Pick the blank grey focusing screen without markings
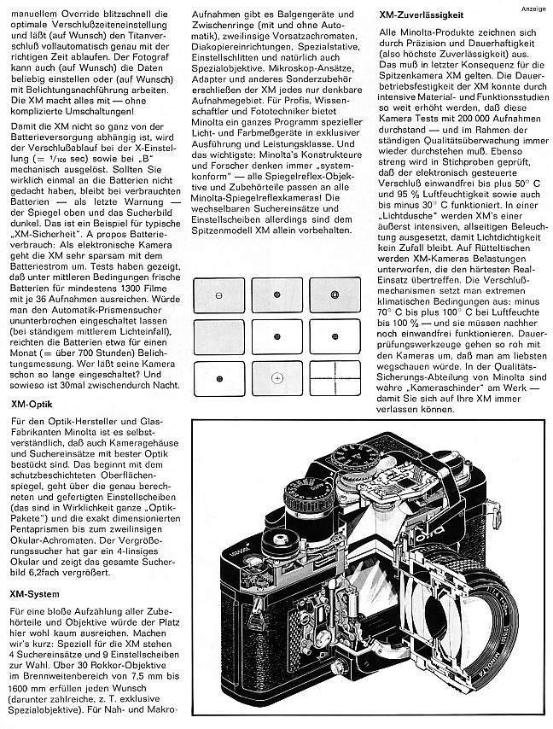(x=220, y=336)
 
